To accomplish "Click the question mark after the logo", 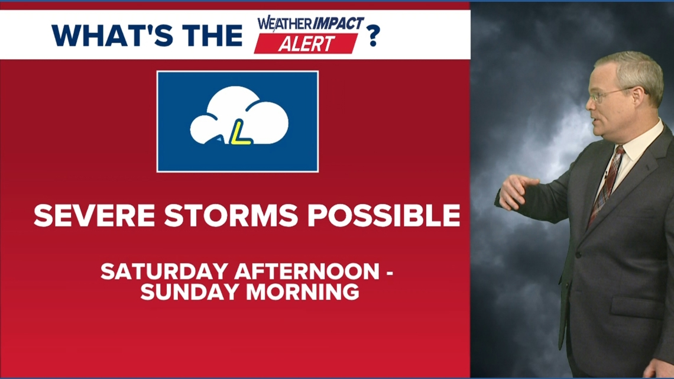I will tap(372, 35).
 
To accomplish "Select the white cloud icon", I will tap(239, 116).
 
